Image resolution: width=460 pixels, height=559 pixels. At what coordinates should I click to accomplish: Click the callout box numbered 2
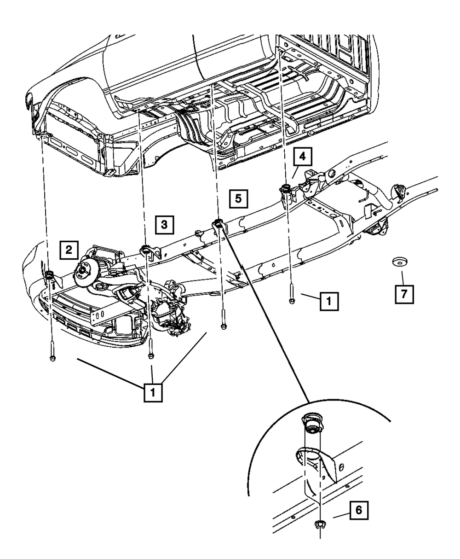coord(68,250)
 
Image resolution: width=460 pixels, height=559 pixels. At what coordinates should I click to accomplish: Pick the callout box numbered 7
coord(404,293)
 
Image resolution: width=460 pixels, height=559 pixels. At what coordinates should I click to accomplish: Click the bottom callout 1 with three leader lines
coord(153,393)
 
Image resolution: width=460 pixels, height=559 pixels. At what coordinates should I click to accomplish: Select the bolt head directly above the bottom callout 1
coord(151,355)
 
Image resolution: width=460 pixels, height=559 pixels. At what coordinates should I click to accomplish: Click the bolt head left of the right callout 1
coord(292,301)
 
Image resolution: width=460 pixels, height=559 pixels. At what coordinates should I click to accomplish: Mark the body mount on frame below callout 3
coord(146,250)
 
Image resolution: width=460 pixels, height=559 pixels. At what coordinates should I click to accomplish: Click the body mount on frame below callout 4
coord(285,188)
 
